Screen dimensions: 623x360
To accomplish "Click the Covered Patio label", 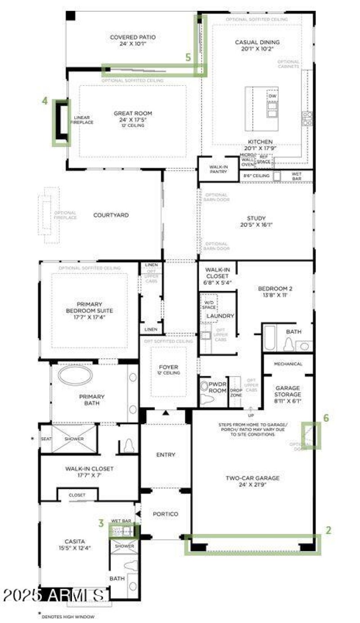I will [133, 37].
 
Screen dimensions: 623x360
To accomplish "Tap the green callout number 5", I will [189, 57].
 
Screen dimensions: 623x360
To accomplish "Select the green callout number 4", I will [45, 101].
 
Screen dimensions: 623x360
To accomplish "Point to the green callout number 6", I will [326, 418].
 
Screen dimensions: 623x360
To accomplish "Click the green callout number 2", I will [328, 530].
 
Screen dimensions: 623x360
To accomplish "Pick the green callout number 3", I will [102, 523].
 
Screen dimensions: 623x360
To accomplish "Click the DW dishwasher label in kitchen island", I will [272, 96].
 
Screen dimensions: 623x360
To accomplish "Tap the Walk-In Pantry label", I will [218, 169].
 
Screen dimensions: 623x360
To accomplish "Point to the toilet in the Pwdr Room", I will [207, 389].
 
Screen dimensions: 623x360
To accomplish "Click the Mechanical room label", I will [288, 363].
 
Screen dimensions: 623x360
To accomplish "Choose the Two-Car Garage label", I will [252, 478].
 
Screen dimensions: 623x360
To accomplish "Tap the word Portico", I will [166, 514].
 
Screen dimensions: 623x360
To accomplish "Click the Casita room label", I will [75, 542].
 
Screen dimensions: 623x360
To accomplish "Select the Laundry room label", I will [220, 316].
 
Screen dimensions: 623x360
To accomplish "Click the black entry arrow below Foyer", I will [166, 412].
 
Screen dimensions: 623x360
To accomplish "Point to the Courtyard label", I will [111, 215].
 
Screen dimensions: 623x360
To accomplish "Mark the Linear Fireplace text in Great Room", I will [81, 120].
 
